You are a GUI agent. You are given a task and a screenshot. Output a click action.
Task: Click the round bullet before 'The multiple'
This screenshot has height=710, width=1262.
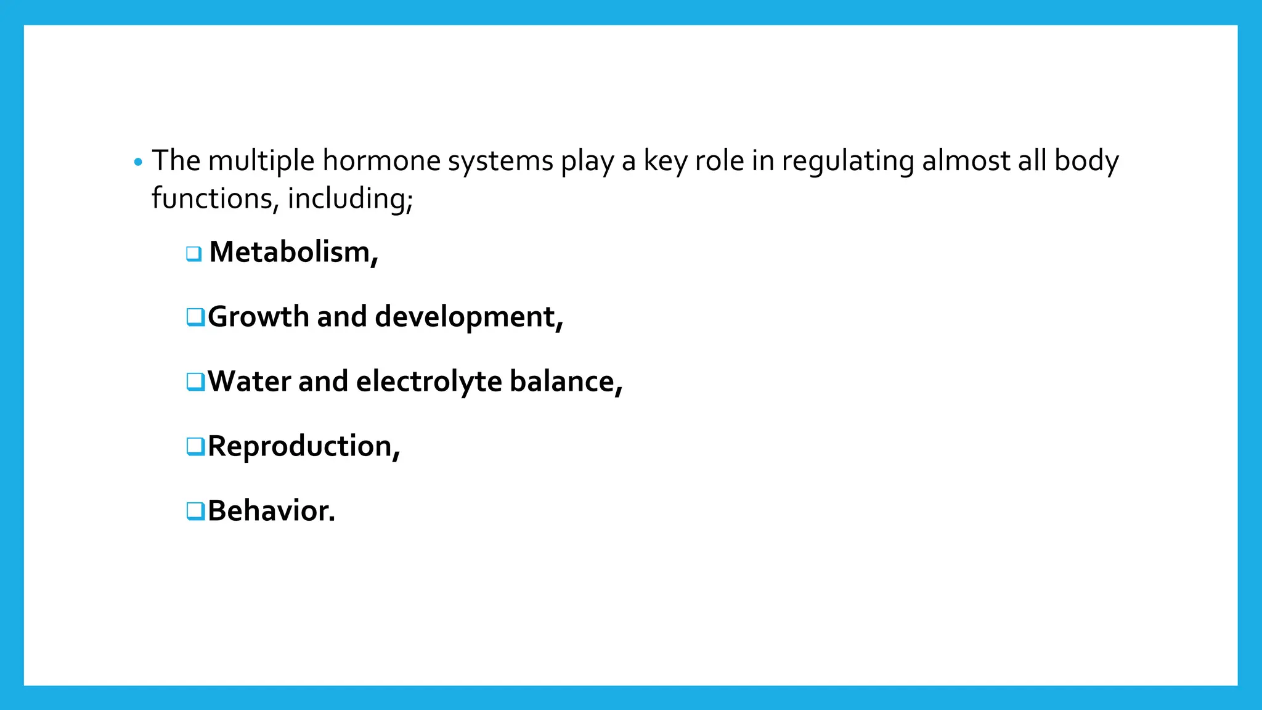click(138, 163)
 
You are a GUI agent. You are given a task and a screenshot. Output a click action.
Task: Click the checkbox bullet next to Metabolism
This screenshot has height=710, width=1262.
click(194, 253)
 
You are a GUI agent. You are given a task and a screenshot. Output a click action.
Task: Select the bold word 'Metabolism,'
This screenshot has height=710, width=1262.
click(293, 253)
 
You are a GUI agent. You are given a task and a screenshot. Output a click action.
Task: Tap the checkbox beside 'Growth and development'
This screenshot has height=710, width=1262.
click(195, 317)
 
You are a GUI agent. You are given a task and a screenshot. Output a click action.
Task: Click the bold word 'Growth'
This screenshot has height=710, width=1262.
click(258, 317)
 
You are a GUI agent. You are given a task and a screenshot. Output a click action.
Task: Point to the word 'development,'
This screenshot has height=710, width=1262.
click(469, 317)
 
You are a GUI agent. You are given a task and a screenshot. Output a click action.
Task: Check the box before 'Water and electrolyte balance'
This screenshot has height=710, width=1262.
click(195, 382)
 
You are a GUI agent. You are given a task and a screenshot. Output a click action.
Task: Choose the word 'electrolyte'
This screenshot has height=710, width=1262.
click(429, 382)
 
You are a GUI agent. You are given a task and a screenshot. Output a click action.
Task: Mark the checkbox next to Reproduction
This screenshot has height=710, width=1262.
click(195, 446)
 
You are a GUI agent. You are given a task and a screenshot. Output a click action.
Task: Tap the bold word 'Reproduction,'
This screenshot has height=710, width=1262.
click(304, 446)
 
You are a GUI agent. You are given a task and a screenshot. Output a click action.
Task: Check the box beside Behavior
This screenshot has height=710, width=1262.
click(195, 511)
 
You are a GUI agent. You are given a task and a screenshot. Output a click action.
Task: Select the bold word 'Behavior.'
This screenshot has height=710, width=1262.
click(271, 511)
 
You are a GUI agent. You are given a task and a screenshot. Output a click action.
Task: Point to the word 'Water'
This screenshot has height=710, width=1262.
click(249, 382)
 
